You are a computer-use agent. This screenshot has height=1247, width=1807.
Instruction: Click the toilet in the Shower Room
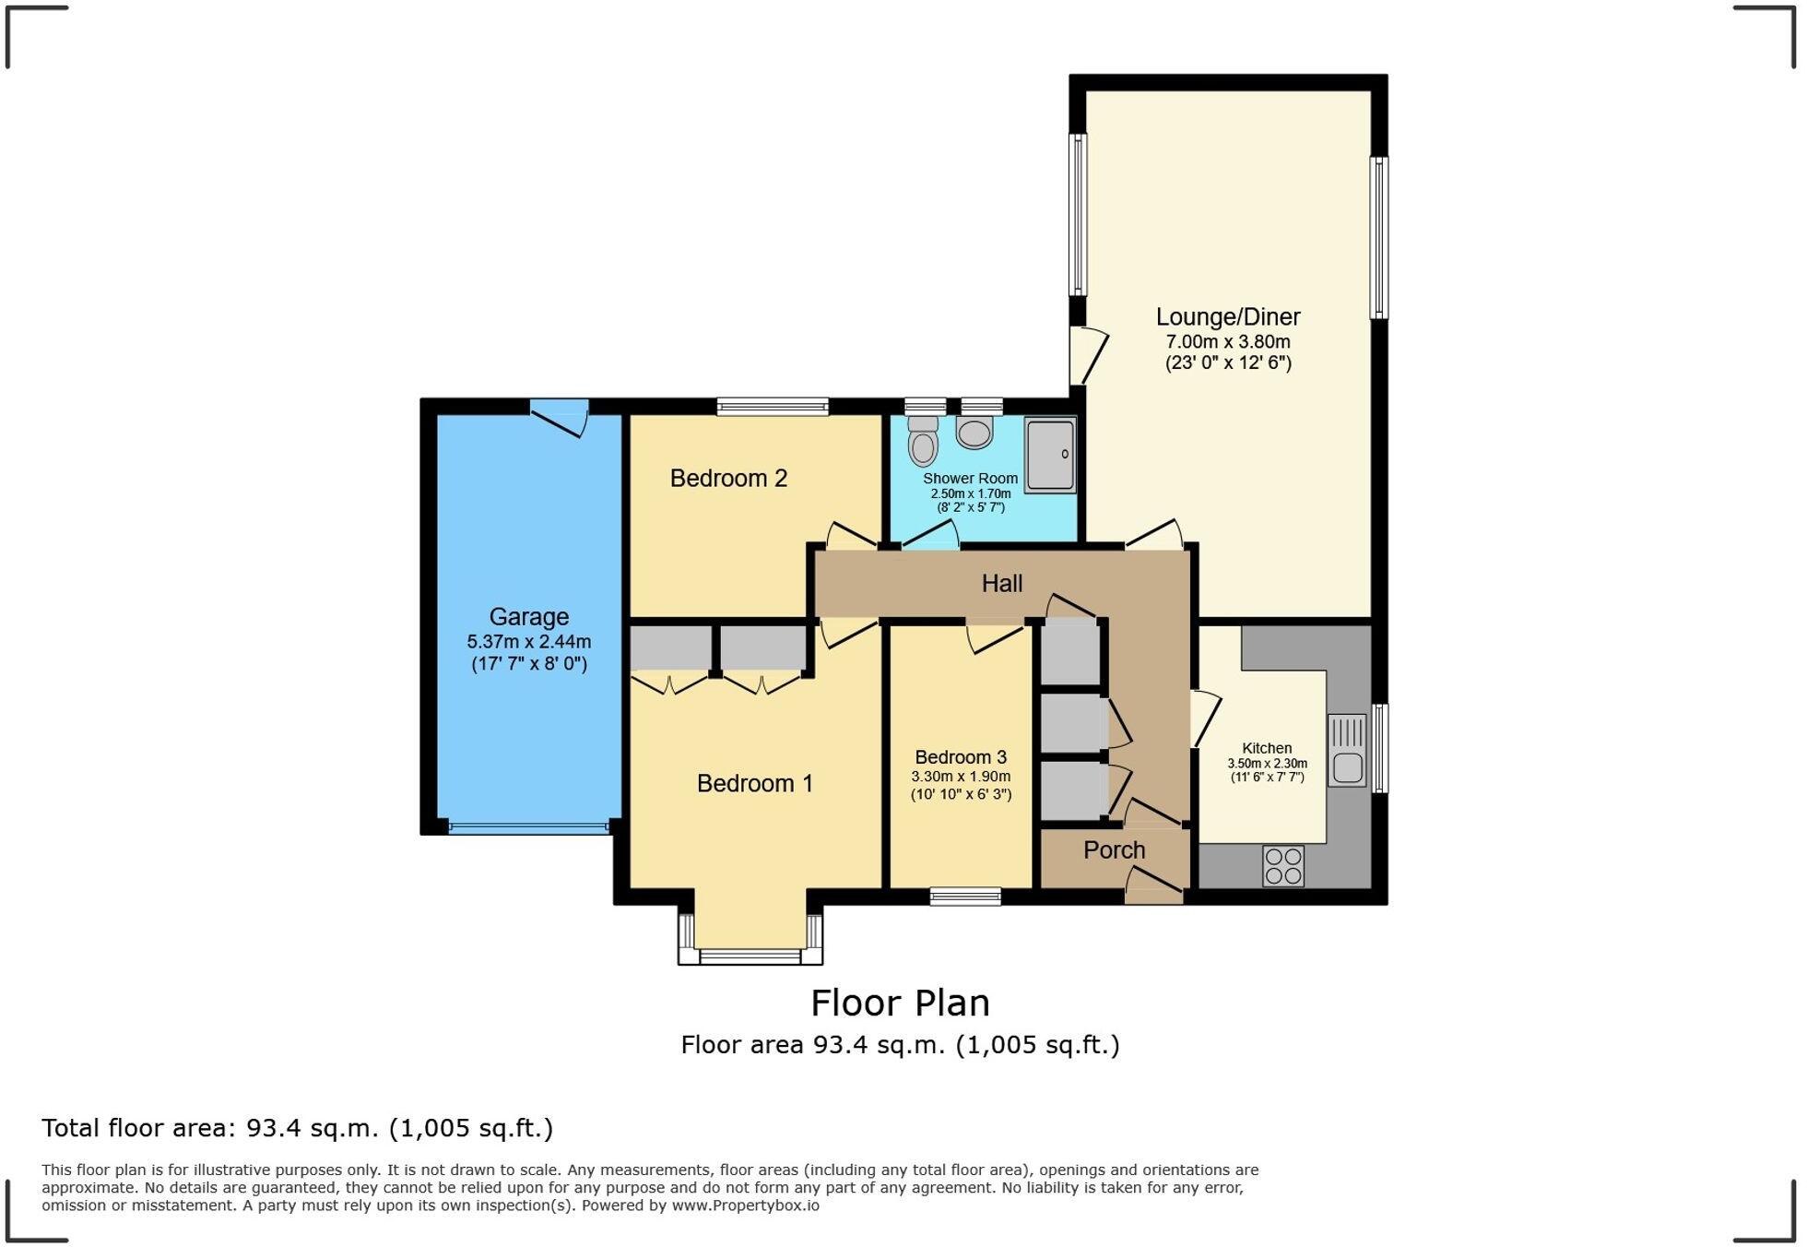tap(923, 443)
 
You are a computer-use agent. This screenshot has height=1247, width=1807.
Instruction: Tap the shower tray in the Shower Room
tap(1049, 454)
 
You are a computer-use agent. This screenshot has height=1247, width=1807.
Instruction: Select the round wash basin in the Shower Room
tap(974, 432)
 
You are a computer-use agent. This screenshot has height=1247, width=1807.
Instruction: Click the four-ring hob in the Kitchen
tap(1283, 866)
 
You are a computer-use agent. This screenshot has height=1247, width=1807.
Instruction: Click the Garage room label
tap(528, 616)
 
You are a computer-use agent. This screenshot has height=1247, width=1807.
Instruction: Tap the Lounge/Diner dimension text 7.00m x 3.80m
tap(1228, 341)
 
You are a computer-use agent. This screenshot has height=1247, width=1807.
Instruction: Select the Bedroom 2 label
tap(728, 478)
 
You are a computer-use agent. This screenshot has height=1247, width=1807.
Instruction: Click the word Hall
tap(1001, 583)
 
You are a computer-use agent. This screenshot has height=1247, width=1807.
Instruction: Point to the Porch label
tap(1114, 849)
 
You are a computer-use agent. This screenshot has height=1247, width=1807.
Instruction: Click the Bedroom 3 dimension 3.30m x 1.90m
tap(961, 777)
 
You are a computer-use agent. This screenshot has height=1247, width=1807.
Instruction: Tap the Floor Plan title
tap(900, 1003)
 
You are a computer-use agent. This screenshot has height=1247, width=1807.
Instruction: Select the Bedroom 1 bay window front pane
tap(750, 956)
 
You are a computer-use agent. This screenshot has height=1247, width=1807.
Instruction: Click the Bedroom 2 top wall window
tap(773, 406)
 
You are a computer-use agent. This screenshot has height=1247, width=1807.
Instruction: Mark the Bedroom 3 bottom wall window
tap(965, 896)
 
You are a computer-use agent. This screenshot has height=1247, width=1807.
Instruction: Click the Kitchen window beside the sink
tap(1380, 748)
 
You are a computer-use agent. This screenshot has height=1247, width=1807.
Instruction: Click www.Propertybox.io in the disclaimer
tap(745, 1205)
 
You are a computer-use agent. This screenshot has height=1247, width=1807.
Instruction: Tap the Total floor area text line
tap(297, 1128)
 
